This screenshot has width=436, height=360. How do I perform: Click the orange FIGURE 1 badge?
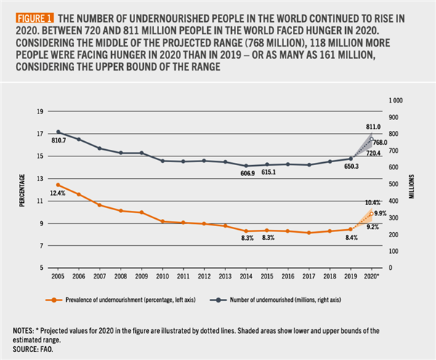pos(28,16)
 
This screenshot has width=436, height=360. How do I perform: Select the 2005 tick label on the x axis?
pos(58,276)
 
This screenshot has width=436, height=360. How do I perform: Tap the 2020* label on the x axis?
pos(372,276)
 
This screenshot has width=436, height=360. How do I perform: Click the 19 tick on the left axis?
pos(41,111)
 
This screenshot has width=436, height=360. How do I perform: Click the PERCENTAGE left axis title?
pos(23,190)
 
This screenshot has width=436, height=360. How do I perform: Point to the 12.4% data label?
pos(58,193)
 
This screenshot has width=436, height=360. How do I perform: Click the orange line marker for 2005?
pos(58,185)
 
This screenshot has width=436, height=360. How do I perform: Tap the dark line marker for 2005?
pos(58,132)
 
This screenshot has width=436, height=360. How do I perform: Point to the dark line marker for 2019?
pos(350,158)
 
